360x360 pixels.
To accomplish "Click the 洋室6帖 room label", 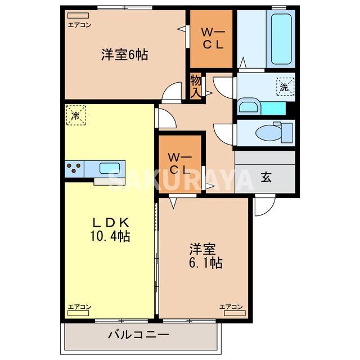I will (x=124, y=55).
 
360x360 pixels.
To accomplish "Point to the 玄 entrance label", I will (x=265, y=178).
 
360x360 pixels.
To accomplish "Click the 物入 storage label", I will (x=195, y=87).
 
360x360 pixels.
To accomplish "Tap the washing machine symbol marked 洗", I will (x=285, y=87).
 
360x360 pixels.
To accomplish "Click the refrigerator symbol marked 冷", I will (x=75, y=115).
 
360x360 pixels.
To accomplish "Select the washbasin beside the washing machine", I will (x=247, y=106).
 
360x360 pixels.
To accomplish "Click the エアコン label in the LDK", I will (x=79, y=307).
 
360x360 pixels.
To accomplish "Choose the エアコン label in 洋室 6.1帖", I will (x=231, y=307).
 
